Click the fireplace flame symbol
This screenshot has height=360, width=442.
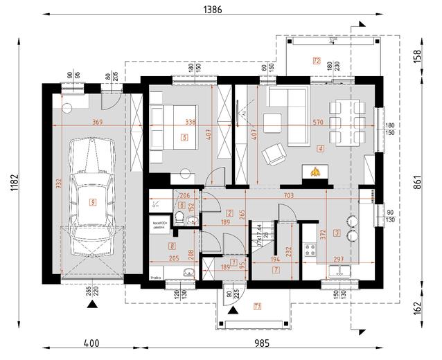pyautogui.click(x=315, y=171)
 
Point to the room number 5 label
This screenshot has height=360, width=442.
pyautogui.click(x=184, y=138)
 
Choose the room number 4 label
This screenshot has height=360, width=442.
pyautogui.click(x=320, y=148)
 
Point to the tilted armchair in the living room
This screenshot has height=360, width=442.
pyautogui.click(x=276, y=153)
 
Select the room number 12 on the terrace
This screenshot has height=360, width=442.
pyautogui.click(x=317, y=61)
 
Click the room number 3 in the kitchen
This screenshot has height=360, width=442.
pyautogui.click(x=337, y=233)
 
